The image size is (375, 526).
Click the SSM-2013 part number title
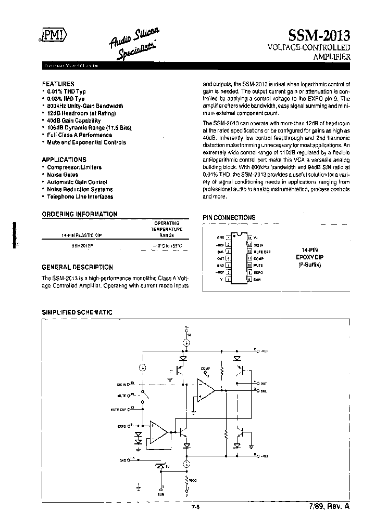point(319,35)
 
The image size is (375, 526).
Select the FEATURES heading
point(58,84)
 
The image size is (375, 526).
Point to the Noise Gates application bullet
point(65,175)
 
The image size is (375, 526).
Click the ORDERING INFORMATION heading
point(80,214)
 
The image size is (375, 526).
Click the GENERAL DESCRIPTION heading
point(77,267)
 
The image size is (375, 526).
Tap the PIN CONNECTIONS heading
point(229,217)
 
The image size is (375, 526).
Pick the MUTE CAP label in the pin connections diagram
point(261,251)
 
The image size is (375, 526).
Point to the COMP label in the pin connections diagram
point(259,258)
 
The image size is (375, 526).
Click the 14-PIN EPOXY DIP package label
point(310,257)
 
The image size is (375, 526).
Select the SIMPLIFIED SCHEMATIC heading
point(77,312)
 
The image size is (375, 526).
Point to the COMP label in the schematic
point(205,368)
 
